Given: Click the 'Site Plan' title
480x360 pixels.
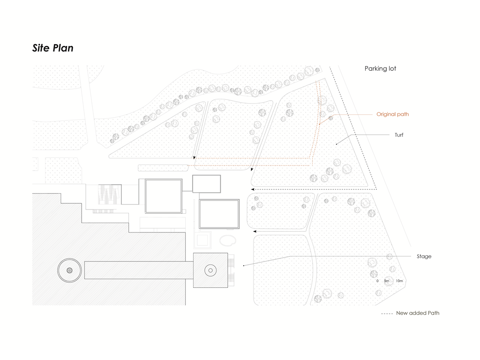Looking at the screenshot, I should [52, 48].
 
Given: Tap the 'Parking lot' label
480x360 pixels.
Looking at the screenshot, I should [380, 68].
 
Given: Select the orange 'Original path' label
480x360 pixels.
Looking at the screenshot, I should [392, 114].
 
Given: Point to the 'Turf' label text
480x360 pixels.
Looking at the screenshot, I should [398, 135].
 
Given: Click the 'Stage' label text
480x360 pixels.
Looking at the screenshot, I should [424, 256].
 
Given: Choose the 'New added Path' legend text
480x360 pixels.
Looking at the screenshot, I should [418, 313].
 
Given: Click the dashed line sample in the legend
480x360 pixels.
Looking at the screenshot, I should [387, 313].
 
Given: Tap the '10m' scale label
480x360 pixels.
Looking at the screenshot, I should [399, 281].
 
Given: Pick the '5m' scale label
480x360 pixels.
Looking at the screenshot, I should [387, 281].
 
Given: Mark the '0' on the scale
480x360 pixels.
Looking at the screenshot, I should [377, 281].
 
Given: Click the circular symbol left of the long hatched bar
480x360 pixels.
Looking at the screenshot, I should [69, 270].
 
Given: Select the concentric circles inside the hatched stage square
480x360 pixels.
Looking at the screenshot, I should [210, 270].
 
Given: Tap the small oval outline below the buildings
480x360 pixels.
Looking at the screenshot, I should [228, 241].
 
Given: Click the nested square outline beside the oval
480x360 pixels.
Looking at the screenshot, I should [202, 240].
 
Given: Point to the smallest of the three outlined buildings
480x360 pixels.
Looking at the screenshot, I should [206, 184].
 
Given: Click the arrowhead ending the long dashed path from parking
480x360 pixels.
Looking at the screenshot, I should [253, 189].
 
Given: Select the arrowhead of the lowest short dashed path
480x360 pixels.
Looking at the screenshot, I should [255, 232].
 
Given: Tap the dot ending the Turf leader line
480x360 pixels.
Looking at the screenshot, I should [336, 144].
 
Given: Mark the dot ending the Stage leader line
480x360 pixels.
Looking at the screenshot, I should [244, 266].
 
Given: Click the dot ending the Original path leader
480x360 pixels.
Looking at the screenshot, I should [320, 124].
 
